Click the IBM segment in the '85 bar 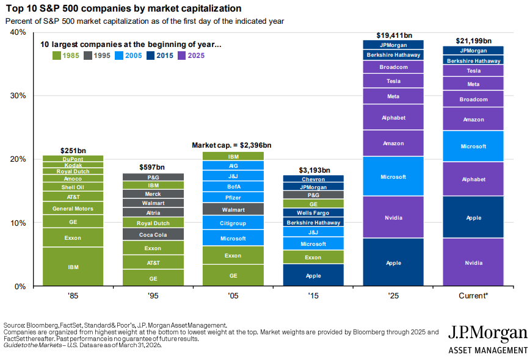point(73,267)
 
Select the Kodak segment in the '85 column point(73,165)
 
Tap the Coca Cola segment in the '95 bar point(153,234)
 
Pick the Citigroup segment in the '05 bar point(233,223)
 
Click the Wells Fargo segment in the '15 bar point(313,213)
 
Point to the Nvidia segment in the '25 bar point(393,217)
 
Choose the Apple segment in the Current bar point(473,217)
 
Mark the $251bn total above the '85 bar point(73,150)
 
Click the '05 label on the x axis point(233,295)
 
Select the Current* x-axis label point(473,295)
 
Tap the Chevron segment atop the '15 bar point(313,179)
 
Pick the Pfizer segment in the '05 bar point(233,197)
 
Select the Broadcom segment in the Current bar point(473,99)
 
